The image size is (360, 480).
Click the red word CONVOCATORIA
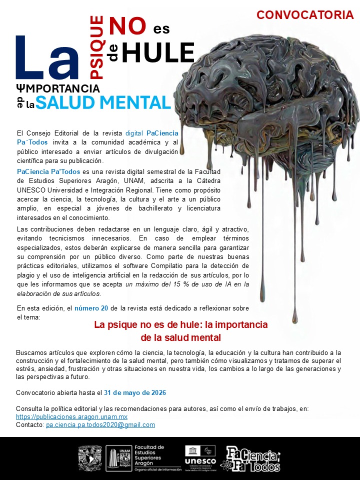click(305, 15)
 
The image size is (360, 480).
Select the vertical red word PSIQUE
click(96, 47)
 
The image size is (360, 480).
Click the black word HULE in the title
click(157, 53)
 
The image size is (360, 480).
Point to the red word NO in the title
click(127, 26)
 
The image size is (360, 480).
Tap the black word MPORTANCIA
click(62, 88)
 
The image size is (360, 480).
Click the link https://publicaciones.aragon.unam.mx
click(71, 416)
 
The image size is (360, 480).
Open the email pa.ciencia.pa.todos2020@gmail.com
click(100, 424)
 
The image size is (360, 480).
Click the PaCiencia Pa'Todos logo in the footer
click(252, 458)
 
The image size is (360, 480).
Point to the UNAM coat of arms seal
click(90, 458)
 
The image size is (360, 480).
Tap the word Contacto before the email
click(29, 424)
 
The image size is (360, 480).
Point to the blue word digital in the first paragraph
click(134, 133)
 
